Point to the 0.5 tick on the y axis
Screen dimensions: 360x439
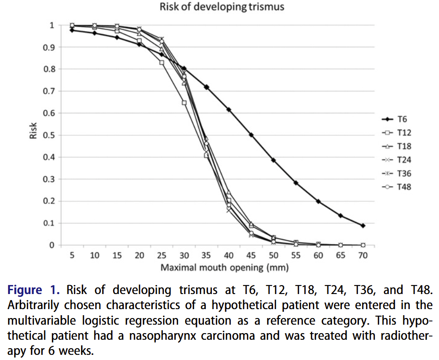[49, 135]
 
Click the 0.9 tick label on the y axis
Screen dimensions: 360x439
[49, 47]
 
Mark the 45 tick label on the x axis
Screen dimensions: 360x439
[251, 255]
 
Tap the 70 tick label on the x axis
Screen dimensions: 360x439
[363, 255]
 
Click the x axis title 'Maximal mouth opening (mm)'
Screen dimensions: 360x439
[224, 268]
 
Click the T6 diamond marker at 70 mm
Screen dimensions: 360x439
[363, 226]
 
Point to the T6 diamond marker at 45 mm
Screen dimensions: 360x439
[251, 135]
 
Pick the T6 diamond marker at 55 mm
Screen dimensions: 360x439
[296, 183]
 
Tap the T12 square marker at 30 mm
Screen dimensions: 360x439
[184, 103]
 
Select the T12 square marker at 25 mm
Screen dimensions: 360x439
[162, 62]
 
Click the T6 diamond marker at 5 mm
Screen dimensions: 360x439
[72, 30]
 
